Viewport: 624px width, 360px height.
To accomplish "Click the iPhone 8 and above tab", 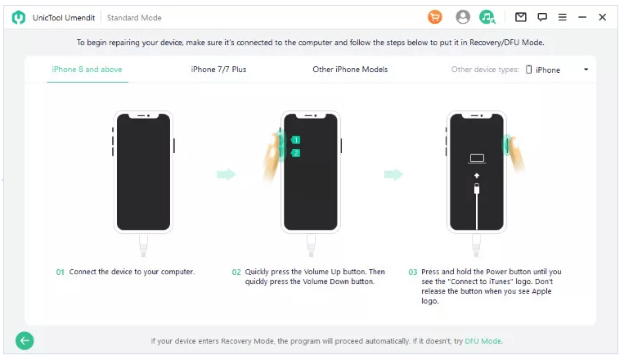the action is pos(87,70).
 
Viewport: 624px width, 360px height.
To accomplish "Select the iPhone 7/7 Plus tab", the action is pos(218,70).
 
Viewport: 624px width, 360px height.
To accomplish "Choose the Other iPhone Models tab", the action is pos(350,70).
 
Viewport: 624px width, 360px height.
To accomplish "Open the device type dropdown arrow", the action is pos(586,70).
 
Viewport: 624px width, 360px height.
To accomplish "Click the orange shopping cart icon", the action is pos(435,17).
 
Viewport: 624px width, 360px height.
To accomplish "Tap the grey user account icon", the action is pos(462,17).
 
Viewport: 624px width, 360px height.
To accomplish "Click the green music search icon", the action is pos(487,17).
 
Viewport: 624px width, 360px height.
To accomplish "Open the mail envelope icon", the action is pos(520,17).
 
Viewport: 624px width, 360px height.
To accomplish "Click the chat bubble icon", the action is pos(542,17).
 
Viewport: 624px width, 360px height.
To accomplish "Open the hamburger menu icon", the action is pos(563,17).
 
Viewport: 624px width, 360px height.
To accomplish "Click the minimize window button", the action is pos(582,17).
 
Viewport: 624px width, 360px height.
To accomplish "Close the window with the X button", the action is pos(603,17).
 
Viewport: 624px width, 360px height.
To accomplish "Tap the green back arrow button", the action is pos(25,341).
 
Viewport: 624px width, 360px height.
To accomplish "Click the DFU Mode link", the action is pos(483,341).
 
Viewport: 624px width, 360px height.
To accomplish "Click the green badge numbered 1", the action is pos(295,140).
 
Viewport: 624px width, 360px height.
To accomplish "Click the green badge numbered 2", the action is pos(295,153).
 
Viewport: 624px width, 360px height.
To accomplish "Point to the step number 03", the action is pos(413,272).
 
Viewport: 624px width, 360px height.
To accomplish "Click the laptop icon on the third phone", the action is pos(477,159).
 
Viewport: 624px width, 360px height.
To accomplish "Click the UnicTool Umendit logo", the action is pos(18,17).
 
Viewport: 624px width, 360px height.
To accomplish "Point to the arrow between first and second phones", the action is pos(226,174).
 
